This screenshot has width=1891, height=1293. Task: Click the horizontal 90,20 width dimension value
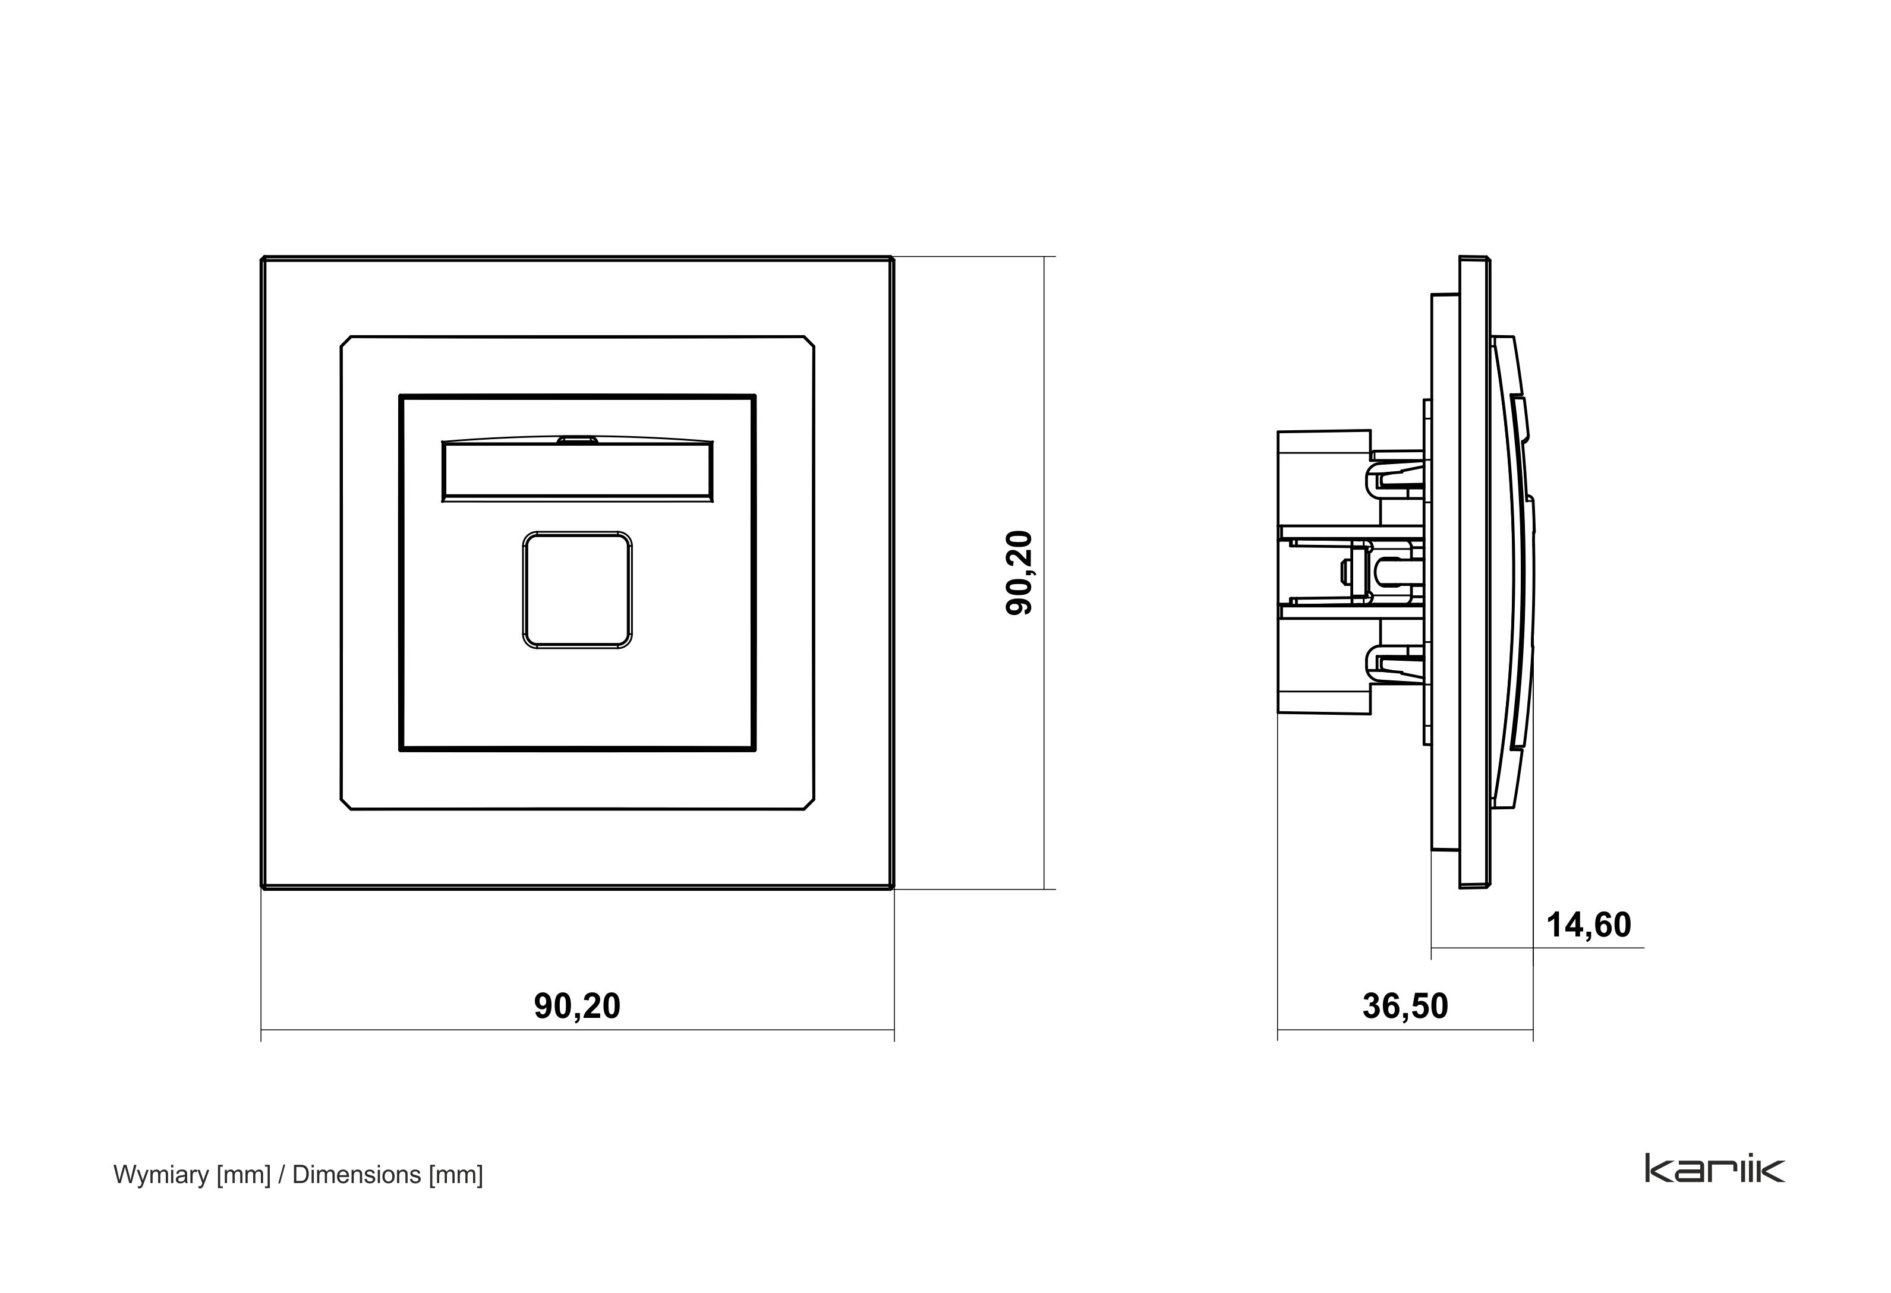click(577, 1007)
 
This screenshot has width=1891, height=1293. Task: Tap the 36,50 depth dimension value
click(1405, 1007)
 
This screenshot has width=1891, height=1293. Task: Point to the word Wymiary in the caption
click(162, 1175)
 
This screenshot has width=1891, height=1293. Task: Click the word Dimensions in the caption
click(357, 1174)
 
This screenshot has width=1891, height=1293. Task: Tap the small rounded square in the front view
click(577, 590)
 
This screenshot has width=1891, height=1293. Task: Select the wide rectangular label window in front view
click(577, 471)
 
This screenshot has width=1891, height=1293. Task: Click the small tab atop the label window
click(577, 439)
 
